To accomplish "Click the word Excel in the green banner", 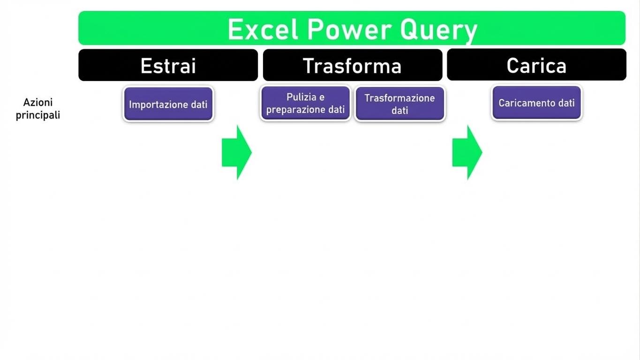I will [x=263, y=30].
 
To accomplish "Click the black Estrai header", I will [x=168, y=65].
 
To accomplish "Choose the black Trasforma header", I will [x=352, y=65].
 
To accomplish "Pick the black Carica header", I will [x=536, y=65].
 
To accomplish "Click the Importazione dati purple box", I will [x=168, y=104].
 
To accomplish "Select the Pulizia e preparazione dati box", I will [x=306, y=104].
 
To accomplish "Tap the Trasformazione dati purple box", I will [x=400, y=104].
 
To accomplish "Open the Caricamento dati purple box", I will [x=536, y=103].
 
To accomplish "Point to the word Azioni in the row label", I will [x=38, y=102].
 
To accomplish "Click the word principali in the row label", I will [x=38, y=115].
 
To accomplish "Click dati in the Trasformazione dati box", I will [x=400, y=111].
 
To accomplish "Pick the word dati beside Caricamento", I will [x=566, y=103].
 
